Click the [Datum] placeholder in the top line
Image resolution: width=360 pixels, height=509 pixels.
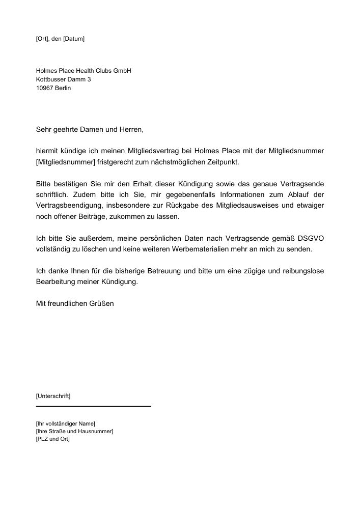coord(74,39)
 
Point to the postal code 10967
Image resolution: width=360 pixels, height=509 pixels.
coord(45,88)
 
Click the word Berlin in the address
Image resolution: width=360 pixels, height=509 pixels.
coord(64,88)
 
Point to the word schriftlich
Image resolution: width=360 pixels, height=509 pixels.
coord(53,194)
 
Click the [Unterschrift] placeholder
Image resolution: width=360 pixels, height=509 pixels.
coord(53,395)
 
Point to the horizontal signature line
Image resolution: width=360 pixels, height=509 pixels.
coord(94,406)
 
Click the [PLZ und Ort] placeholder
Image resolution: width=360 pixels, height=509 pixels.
coord(53,439)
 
